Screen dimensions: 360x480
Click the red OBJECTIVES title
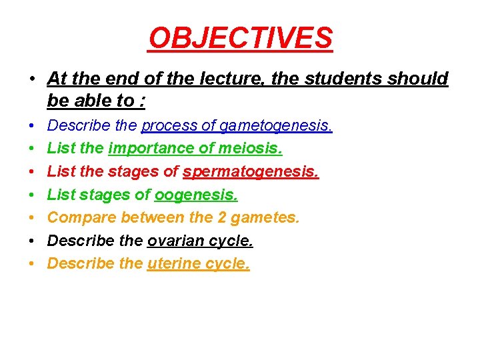[x=240, y=39]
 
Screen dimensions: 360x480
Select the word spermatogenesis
[x=251, y=172]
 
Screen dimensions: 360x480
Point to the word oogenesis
[x=196, y=195]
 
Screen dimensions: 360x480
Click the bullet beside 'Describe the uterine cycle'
[x=31, y=264]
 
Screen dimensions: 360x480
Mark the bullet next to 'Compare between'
[x=31, y=218]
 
